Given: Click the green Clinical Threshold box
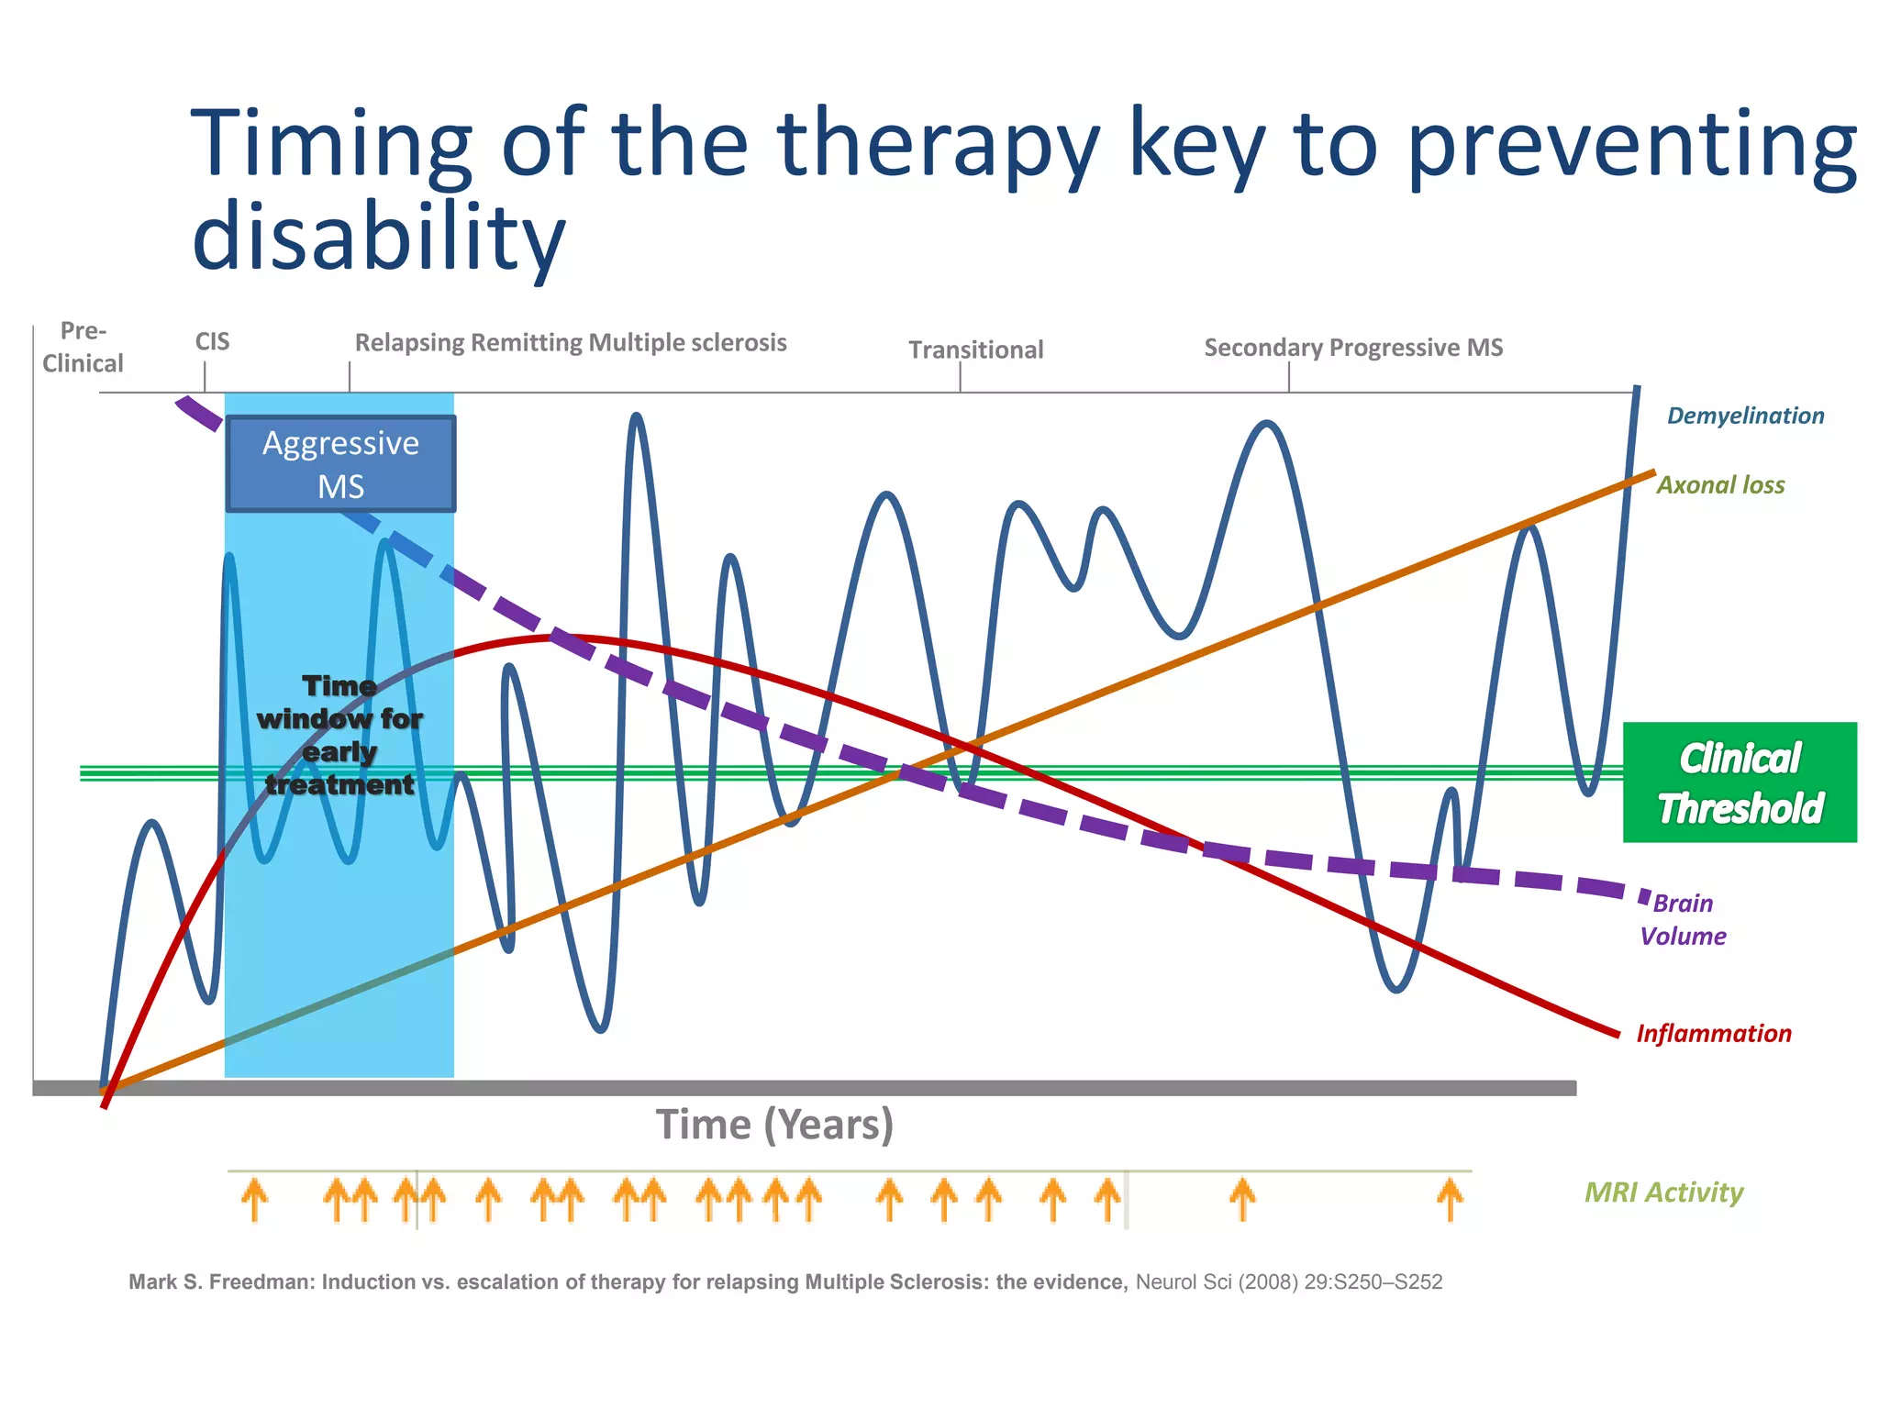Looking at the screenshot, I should (1740, 782).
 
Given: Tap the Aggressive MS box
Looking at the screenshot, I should (340, 464).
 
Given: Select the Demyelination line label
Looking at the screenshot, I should (1745, 416).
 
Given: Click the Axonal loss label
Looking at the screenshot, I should (1720, 485).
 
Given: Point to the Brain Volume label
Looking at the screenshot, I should (1683, 919).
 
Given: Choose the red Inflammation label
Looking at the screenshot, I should (1713, 1034).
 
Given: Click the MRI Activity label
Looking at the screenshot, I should (1663, 1193).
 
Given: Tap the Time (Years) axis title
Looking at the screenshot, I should (774, 1125).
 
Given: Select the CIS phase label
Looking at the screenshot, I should (212, 342).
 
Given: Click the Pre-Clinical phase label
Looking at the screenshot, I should (83, 347).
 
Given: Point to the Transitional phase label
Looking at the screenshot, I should (975, 349).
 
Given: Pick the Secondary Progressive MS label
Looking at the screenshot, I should (1353, 348).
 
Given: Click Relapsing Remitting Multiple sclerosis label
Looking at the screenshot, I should (571, 343).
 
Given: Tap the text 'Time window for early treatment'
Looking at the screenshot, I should (339, 736).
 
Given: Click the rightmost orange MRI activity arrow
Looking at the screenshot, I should (1450, 1199).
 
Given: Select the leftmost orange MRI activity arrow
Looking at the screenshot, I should (254, 1200).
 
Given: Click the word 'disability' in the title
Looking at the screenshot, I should (378, 237).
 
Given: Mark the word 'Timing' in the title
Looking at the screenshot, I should (330, 145).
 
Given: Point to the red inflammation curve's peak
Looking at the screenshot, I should (550, 637).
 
